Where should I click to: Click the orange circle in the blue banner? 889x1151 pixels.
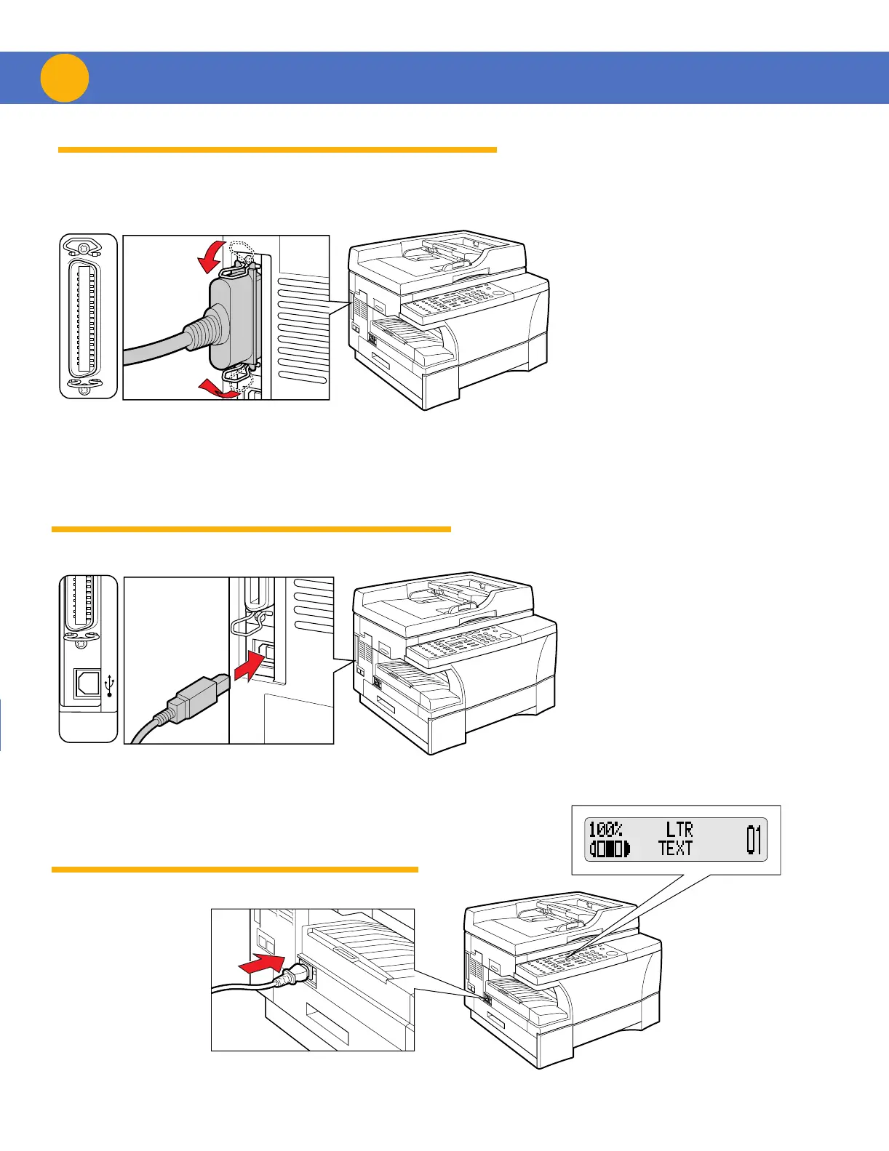coord(65,78)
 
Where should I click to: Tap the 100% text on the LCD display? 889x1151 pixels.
coord(605,830)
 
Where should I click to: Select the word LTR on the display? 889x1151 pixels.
coord(679,830)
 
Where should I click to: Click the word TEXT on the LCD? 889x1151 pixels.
coord(675,848)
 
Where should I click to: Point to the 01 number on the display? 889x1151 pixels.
coord(754,839)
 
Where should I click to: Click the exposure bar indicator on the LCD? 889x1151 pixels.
coord(610,849)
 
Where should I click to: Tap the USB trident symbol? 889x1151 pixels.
coord(110,685)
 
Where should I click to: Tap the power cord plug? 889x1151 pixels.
coord(298,976)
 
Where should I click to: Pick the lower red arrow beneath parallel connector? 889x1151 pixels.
coord(218,388)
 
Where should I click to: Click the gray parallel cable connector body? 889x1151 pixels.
coord(233,320)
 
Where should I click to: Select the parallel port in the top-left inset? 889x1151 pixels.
coord(88,316)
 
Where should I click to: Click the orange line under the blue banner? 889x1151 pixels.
coord(277,150)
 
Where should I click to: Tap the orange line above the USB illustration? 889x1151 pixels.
coord(251,529)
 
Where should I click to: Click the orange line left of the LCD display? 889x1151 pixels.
coord(235,869)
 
